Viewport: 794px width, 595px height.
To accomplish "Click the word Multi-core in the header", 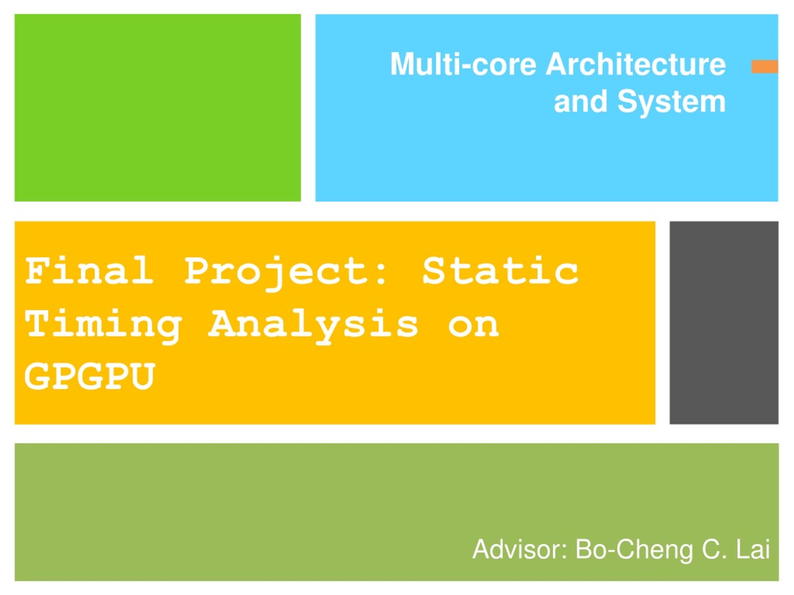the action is click(463, 64).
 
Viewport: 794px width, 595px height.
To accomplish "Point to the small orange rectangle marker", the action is click(765, 67).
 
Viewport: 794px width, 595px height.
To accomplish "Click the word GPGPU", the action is click(89, 376).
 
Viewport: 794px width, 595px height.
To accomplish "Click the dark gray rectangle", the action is click(724, 323).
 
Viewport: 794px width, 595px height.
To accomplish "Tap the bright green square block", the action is click(158, 108).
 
